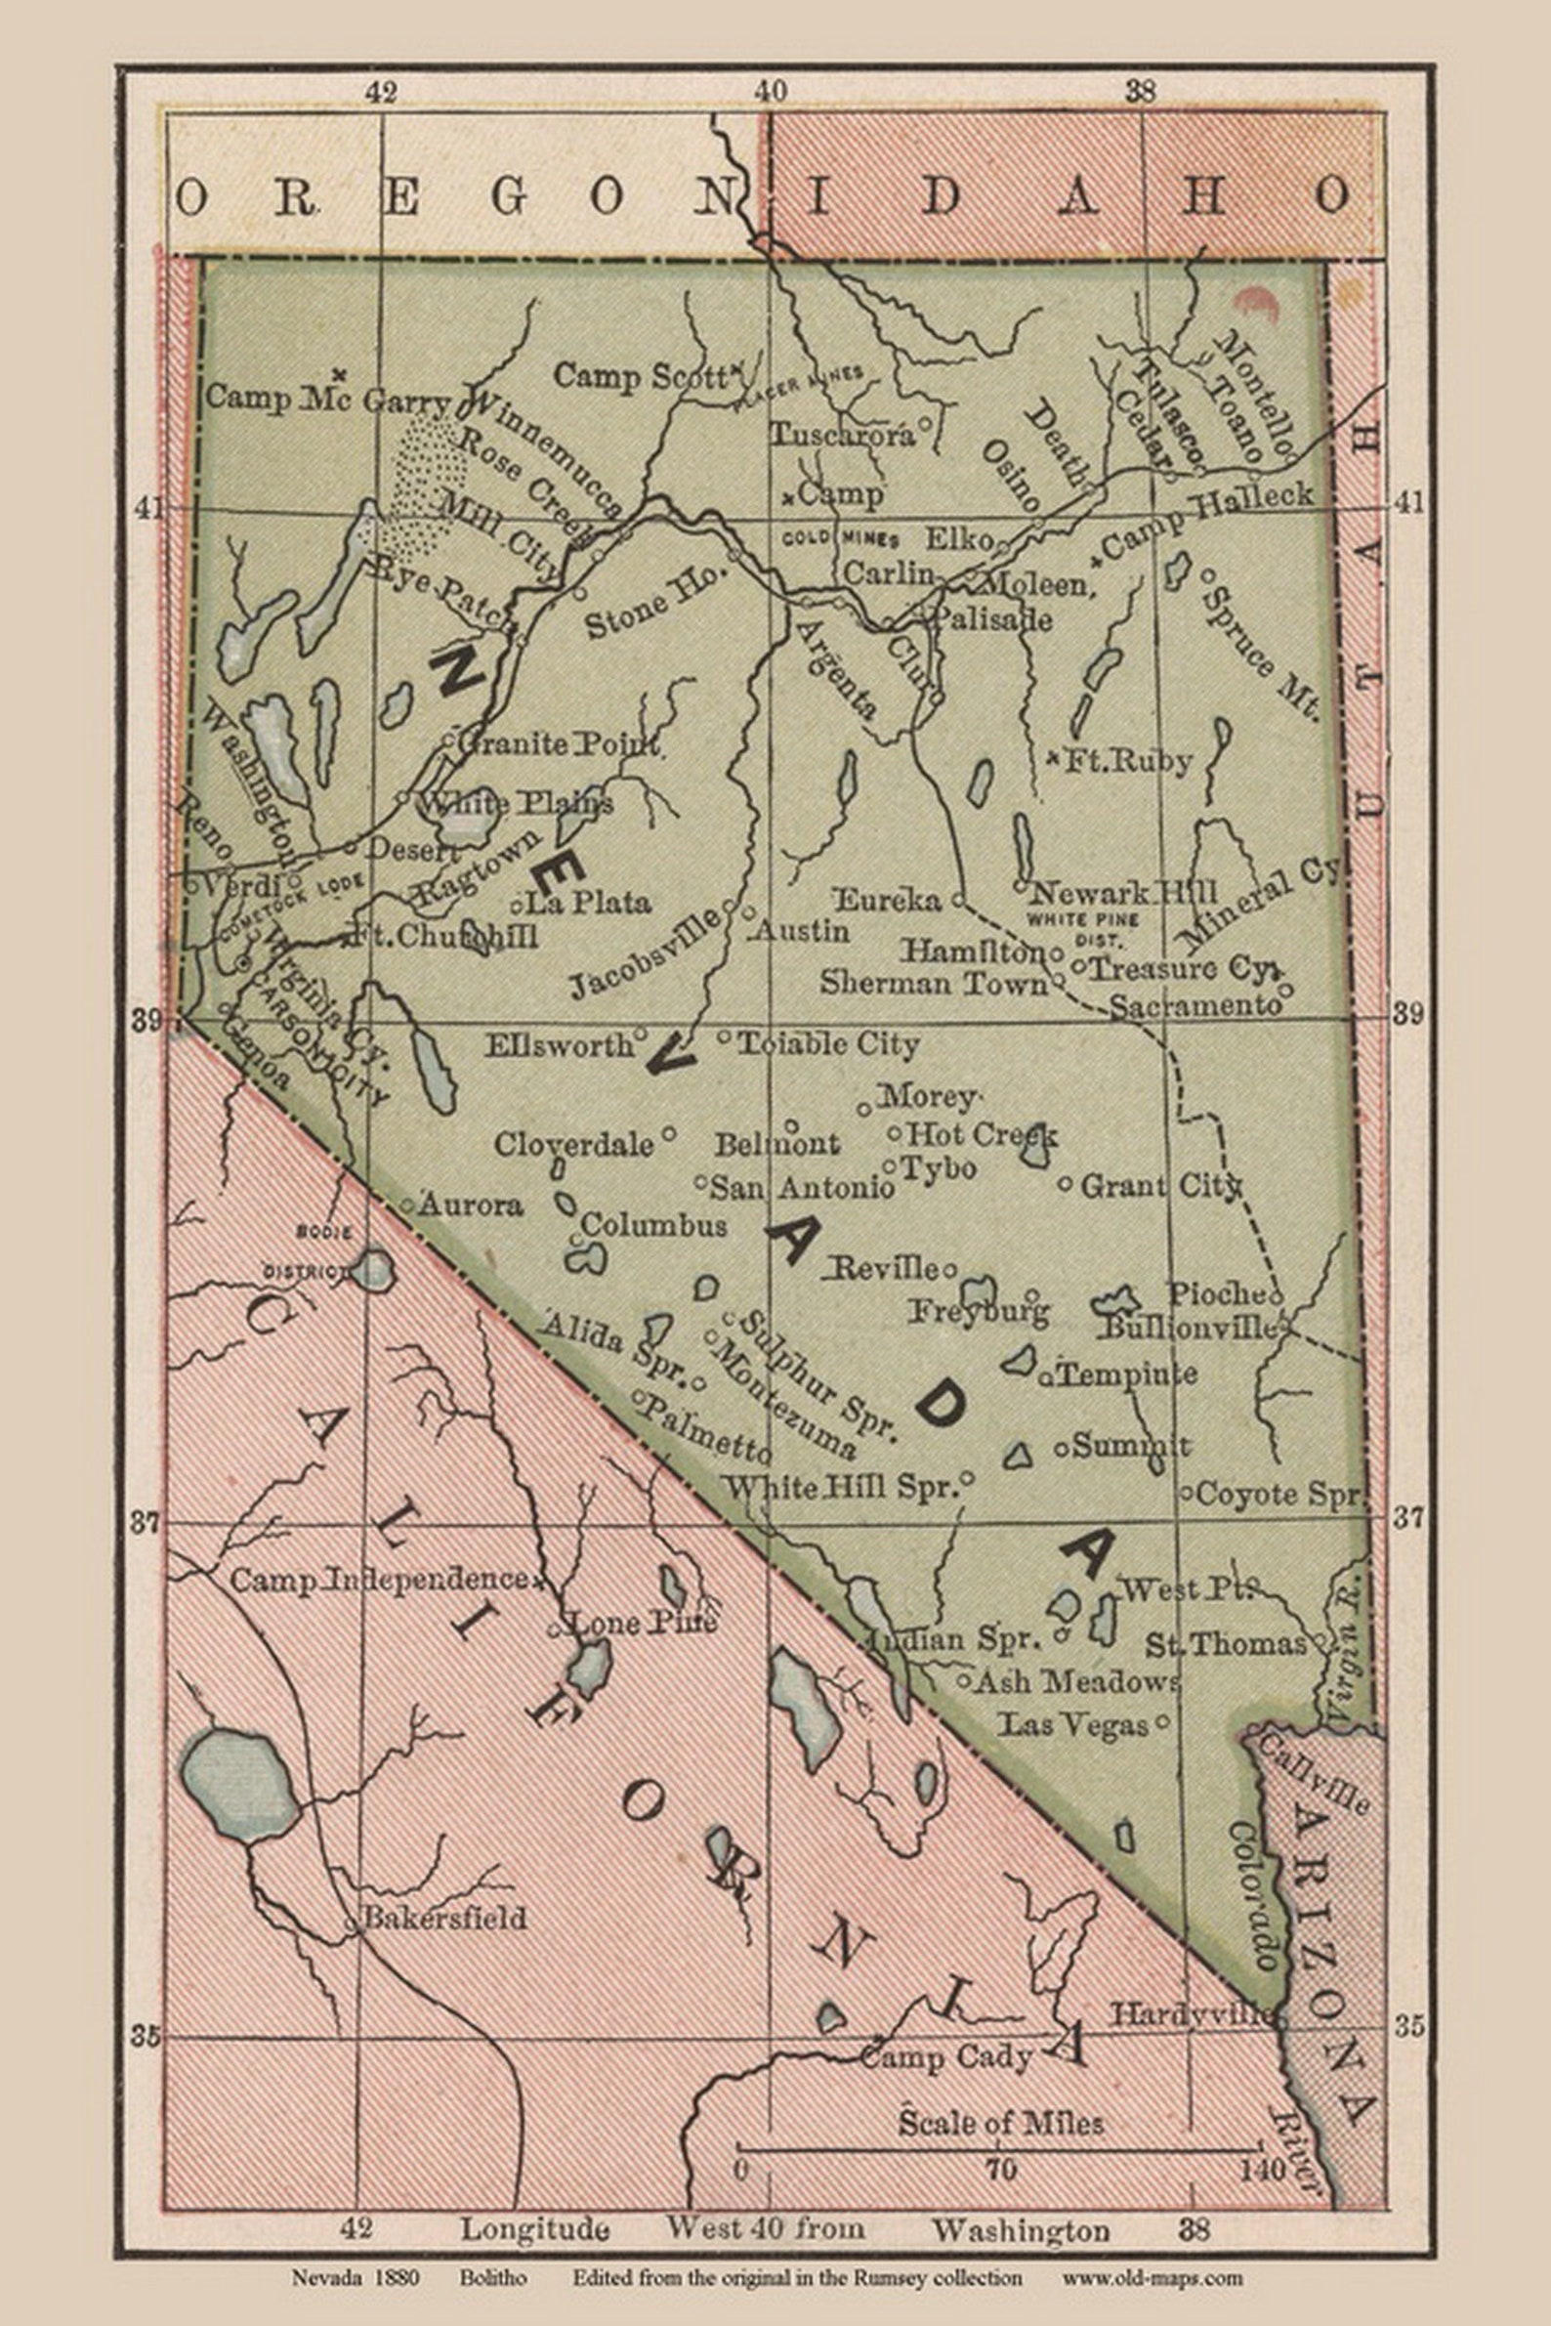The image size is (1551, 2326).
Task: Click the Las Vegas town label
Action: [x=1072, y=1725]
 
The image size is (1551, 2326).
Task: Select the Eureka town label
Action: [x=888, y=900]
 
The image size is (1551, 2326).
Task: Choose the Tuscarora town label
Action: [x=842, y=436]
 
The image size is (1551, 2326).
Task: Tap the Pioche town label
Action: [x=1217, y=1293]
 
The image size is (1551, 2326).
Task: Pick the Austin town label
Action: [x=800, y=931]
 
